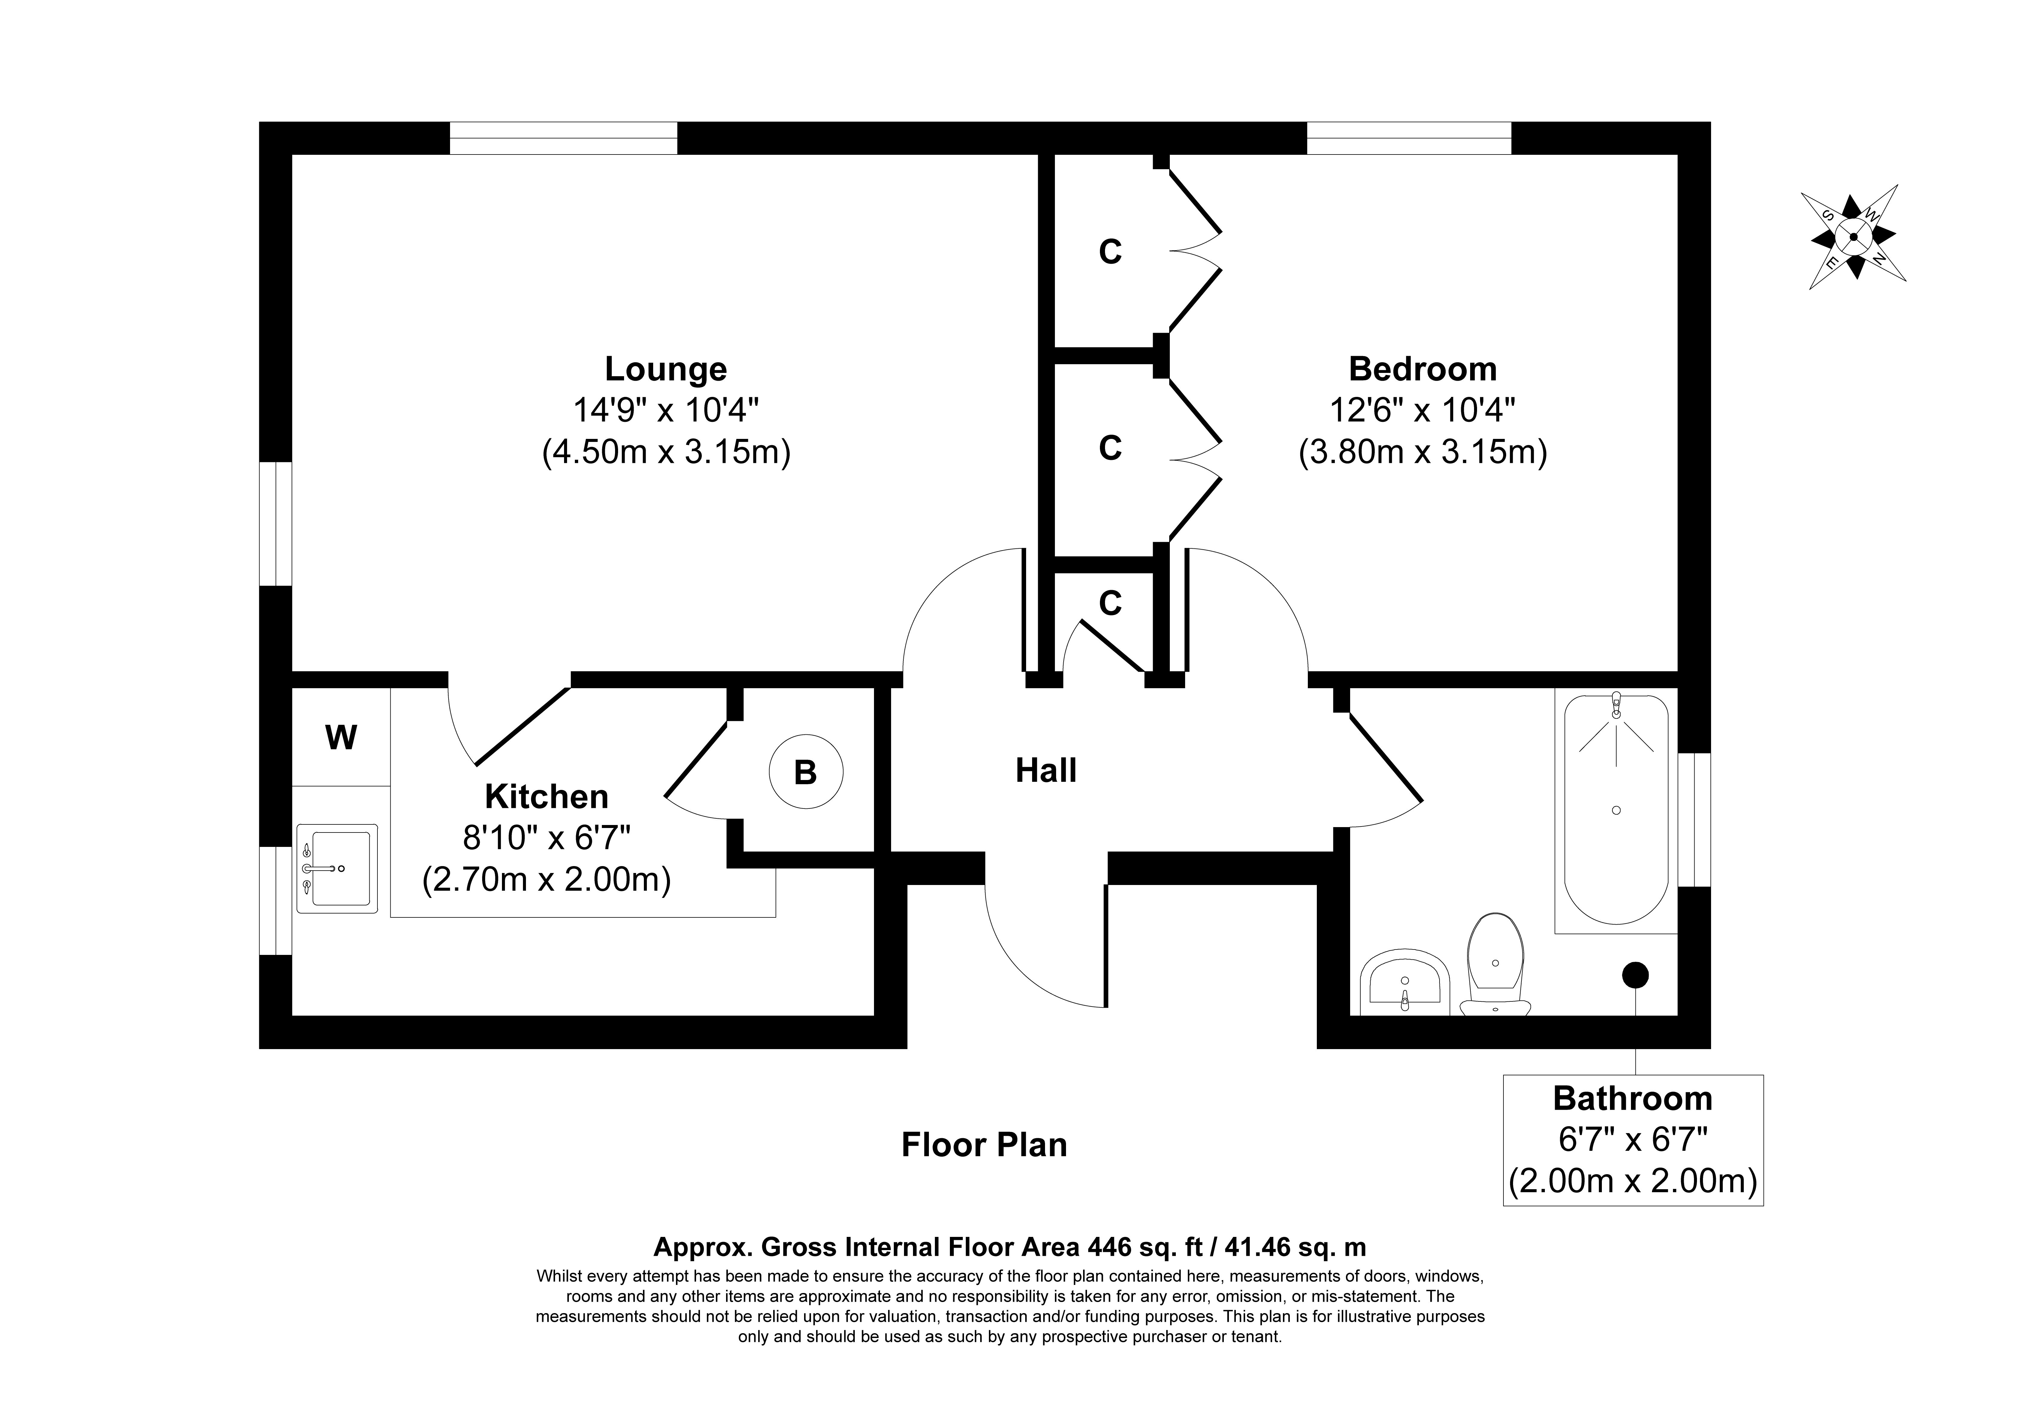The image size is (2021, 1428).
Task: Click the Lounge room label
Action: pyautogui.click(x=665, y=369)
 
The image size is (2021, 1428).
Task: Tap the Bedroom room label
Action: pyautogui.click(x=1422, y=369)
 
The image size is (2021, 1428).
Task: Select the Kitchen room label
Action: pyautogui.click(x=547, y=797)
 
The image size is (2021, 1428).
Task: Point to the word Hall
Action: pyautogui.click(x=1046, y=770)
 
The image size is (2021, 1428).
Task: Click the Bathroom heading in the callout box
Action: pyautogui.click(x=1633, y=1099)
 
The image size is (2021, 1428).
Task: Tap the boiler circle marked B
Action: pyautogui.click(x=805, y=772)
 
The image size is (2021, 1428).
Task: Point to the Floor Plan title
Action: pyautogui.click(x=984, y=1144)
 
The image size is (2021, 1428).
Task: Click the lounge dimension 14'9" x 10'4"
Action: pyautogui.click(x=665, y=410)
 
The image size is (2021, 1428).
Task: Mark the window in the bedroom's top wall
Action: pyautogui.click(x=1408, y=138)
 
